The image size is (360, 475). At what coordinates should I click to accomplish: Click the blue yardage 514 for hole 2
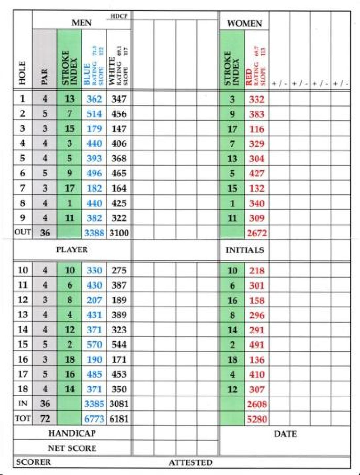[94, 114]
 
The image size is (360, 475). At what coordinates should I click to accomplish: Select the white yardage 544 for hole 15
[119, 345]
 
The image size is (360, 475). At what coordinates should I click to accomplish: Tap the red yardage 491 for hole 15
[256, 345]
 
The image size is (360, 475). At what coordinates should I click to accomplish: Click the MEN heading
[82, 23]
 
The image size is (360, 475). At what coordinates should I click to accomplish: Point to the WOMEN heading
[244, 24]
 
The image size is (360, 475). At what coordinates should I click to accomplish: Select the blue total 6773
[94, 419]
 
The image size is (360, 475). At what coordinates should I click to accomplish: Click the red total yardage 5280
[256, 419]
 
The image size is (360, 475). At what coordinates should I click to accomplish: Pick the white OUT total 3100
[119, 233]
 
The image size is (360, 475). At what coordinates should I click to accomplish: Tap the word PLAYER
[72, 250]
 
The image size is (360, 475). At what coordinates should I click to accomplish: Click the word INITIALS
[245, 250]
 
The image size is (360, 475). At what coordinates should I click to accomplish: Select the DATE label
[285, 434]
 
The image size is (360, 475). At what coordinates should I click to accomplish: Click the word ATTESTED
[190, 463]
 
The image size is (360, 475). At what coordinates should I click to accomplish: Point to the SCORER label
[33, 462]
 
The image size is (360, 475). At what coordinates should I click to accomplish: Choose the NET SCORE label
[72, 448]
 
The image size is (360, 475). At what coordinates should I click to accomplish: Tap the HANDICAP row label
[72, 433]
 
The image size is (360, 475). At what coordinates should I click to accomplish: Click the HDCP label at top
[119, 16]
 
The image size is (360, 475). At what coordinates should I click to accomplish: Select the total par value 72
[45, 419]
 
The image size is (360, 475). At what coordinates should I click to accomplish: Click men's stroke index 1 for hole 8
[69, 203]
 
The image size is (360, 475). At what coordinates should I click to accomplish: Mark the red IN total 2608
[256, 404]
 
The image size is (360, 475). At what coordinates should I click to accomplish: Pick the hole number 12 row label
[22, 300]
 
